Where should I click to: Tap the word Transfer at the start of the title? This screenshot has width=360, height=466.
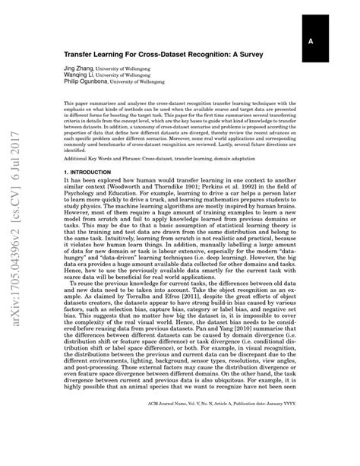[x=84, y=55]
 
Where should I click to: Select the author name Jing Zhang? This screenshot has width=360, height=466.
[x=79, y=68]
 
